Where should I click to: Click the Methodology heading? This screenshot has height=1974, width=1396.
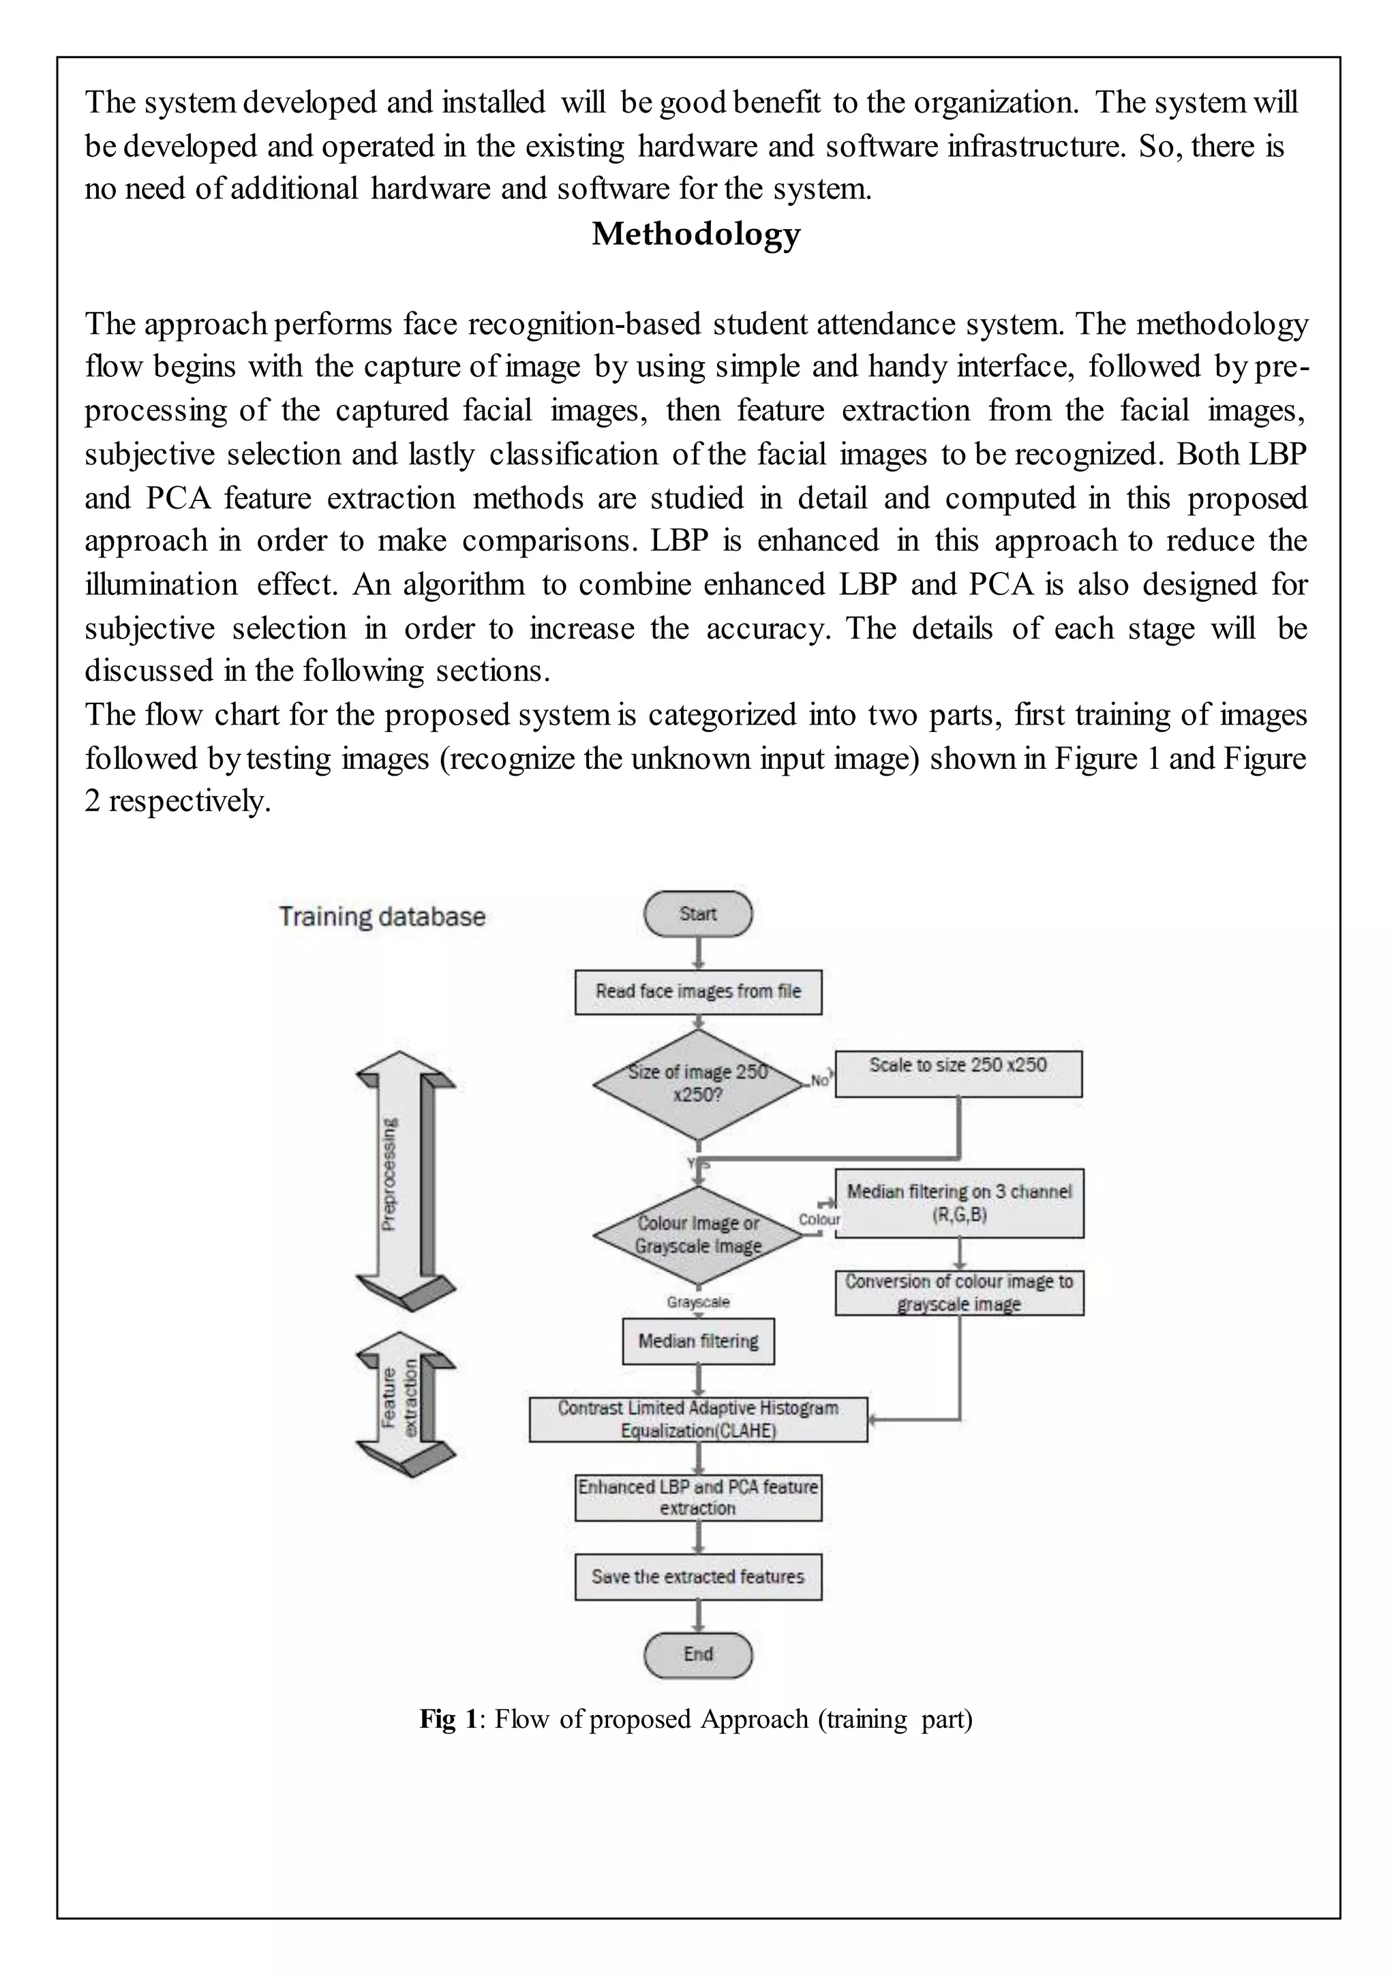pyautogui.click(x=695, y=234)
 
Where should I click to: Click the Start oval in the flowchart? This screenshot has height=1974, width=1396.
pyautogui.click(x=697, y=914)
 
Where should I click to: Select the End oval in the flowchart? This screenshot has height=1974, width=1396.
pyautogui.click(x=697, y=1654)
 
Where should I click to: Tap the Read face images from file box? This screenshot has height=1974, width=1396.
pyautogui.click(x=698, y=991)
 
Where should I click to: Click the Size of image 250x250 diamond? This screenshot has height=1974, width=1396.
pyautogui.click(x=697, y=1084)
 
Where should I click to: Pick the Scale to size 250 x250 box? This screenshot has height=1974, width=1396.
pyautogui.click(x=958, y=1073)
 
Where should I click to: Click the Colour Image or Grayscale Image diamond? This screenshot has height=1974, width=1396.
pyautogui.click(x=697, y=1234)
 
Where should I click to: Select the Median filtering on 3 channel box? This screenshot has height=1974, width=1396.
pyautogui.click(x=959, y=1203)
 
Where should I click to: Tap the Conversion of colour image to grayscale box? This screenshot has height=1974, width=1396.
pyautogui.click(x=959, y=1292)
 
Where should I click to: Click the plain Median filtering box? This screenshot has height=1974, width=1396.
pyautogui.click(x=698, y=1341)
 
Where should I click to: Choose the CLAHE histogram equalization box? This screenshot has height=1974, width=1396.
pyautogui.click(x=698, y=1419)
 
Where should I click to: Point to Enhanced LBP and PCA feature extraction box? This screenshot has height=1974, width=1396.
pyautogui.click(x=698, y=1498)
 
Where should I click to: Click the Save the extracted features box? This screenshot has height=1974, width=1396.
pyautogui.click(x=698, y=1577)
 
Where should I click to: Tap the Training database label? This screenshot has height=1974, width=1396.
pyautogui.click(x=382, y=917)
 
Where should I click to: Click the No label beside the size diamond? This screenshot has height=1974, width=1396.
pyautogui.click(x=819, y=1080)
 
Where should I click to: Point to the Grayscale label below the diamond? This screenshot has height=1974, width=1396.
pyautogui.click(x=697, y=1303)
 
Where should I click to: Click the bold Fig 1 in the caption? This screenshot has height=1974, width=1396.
pyautogui.click(x=447, y=1718)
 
